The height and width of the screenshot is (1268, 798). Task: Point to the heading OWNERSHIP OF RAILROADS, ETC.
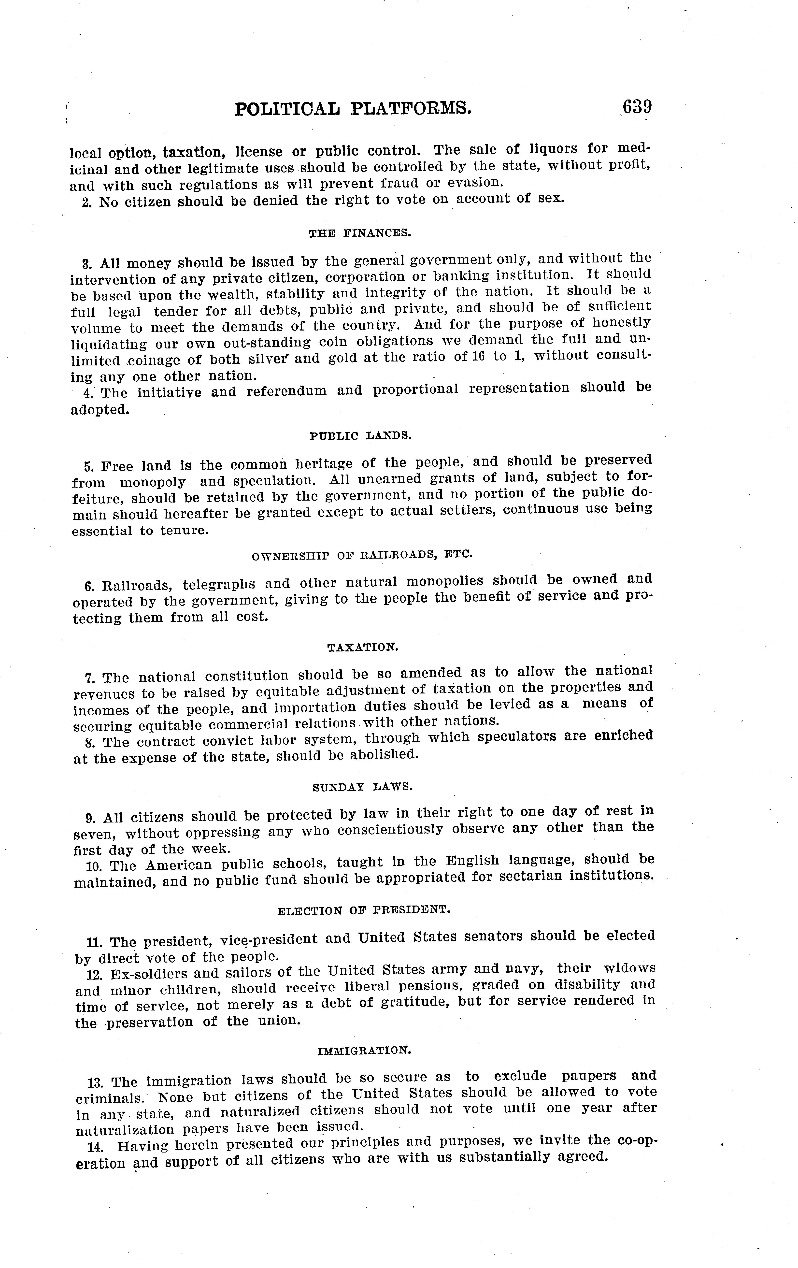coord(362,556)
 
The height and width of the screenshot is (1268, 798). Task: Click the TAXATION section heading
coord(363,647)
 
